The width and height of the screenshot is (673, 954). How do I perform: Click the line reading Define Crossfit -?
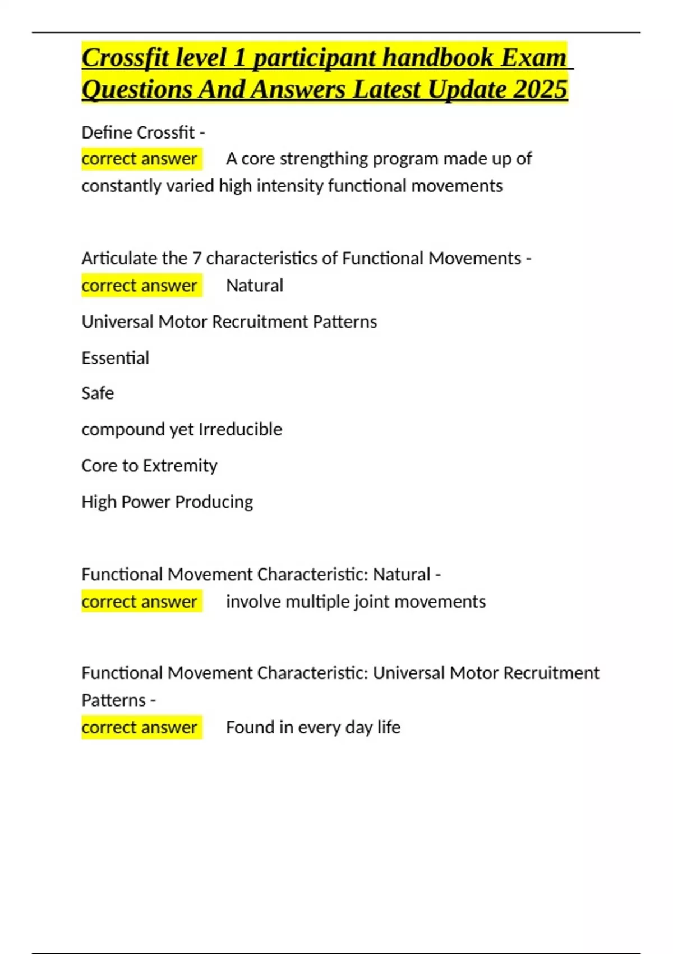(143, 132)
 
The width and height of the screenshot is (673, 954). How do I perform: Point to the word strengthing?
(324, 159)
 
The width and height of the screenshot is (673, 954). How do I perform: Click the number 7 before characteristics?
(196, 258)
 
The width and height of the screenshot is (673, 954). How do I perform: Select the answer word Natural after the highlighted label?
(255, 286)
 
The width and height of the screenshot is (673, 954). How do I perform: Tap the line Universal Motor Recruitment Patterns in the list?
(229, 322)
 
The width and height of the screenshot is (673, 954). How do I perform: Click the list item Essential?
(115, 358)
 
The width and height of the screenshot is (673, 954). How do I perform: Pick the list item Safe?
(98, 393)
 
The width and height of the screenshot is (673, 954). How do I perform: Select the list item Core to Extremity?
(149, 466)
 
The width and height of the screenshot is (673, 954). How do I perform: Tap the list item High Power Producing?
(167, 502)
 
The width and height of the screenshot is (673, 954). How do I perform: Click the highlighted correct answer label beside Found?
(140, 727)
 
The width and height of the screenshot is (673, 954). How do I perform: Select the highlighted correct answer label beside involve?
(140, 602)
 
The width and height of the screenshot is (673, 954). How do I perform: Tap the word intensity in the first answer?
(289, 186)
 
